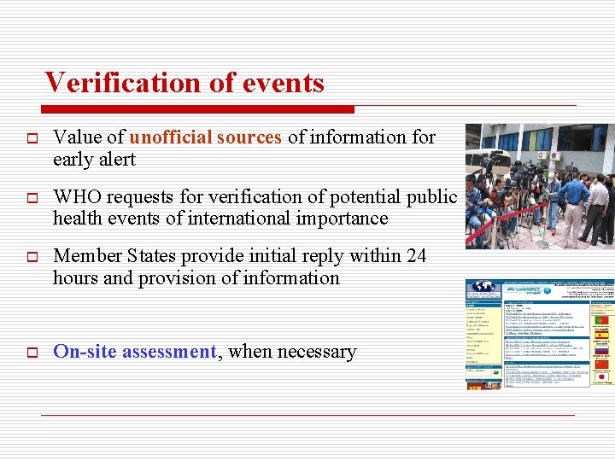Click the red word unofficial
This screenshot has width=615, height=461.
point(171,137)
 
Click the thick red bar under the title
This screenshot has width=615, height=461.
point(196,109)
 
